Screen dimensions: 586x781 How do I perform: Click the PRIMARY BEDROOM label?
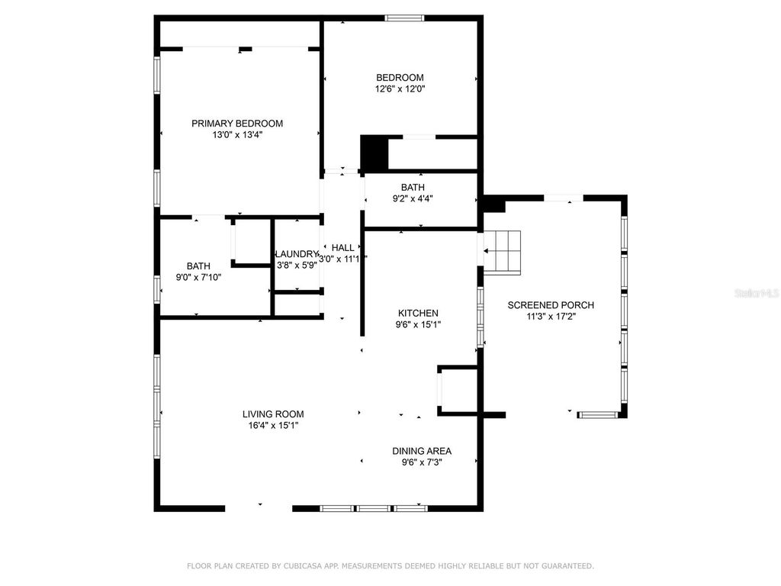236,124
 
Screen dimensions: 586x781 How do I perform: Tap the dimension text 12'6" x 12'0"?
400,89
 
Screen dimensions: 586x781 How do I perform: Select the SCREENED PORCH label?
551,305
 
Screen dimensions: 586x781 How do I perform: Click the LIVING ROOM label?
273,414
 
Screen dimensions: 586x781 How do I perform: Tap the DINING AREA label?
422,451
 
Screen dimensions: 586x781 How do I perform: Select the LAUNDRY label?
296,254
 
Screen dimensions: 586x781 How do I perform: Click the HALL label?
342,247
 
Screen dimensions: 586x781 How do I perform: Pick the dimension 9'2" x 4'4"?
413,198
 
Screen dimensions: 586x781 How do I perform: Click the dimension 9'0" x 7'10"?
198,277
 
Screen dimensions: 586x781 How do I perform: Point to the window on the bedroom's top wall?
404,18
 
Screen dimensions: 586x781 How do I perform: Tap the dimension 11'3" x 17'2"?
551,317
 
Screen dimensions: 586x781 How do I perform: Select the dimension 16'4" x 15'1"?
273,426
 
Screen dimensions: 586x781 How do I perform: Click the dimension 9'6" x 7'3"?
422,462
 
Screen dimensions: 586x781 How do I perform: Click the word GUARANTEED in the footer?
566,566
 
